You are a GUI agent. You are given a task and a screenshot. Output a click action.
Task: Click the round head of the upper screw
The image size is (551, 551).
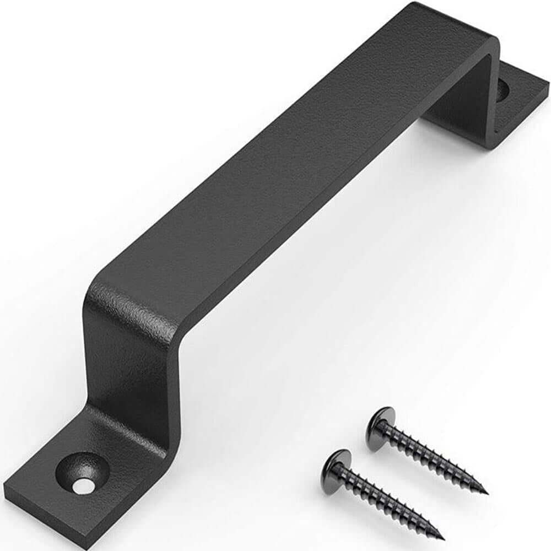pyautogui.click(x=380, y=422)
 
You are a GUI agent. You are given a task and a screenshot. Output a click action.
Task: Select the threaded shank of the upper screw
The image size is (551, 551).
pyautogui.click(x=435, y=457)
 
